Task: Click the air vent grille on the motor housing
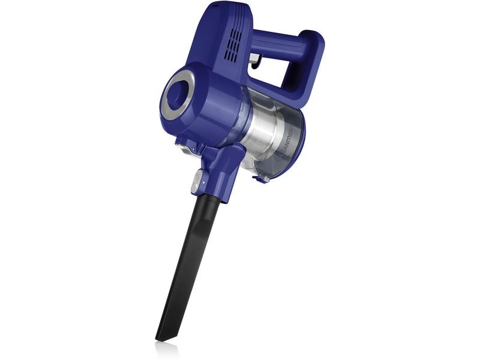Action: (233, 46)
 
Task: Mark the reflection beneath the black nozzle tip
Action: (166, 348)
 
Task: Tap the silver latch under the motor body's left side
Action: (180, 145)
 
